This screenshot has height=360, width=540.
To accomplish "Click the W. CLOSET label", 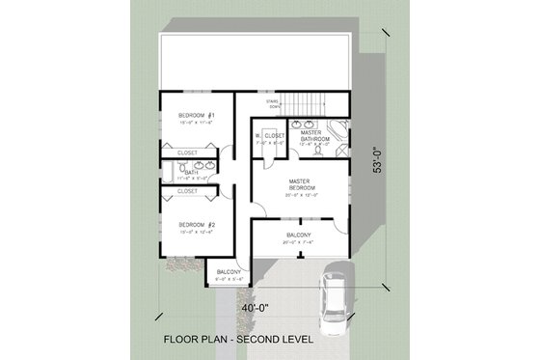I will click(x=270, y=136).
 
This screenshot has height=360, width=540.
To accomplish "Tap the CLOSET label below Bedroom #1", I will click(x=187, y=153).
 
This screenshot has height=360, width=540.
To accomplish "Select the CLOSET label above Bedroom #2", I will click(x=187, y=191).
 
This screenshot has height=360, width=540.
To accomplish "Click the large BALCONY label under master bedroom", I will click(x=298, y=235).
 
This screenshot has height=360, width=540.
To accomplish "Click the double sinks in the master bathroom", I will click(x=310, y=125).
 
